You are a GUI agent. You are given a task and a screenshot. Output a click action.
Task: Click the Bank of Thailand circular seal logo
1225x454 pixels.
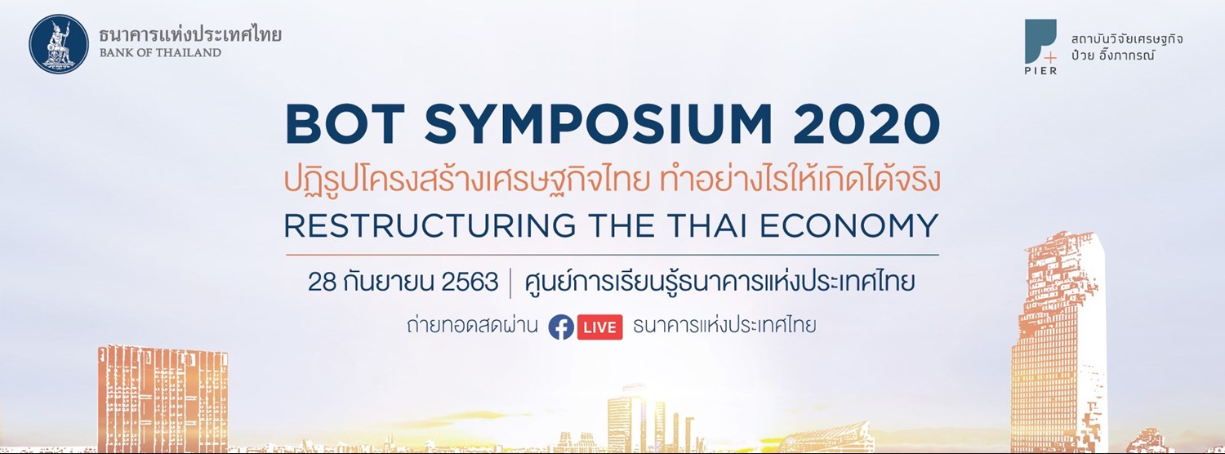(x=60, y=42)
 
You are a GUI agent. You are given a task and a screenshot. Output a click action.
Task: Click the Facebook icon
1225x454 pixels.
(x=560, y=327)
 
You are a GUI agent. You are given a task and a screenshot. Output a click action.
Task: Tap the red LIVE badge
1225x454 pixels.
(x=600, y=327)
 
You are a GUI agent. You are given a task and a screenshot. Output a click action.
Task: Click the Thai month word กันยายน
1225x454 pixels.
(x=387, y=283)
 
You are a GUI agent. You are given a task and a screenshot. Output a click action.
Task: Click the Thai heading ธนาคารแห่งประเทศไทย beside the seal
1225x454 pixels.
(x=189, y=35)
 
